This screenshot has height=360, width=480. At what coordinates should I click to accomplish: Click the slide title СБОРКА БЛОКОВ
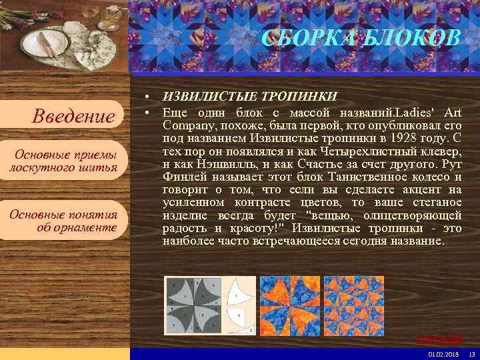point(361,39)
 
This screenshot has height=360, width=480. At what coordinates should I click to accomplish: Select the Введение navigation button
point(73,117)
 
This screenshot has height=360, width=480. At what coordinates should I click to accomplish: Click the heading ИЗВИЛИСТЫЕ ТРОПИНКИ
point(250,97)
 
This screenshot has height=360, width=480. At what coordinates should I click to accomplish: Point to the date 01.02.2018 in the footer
point(442,353)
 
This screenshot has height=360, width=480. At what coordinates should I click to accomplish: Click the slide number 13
point(471,353)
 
